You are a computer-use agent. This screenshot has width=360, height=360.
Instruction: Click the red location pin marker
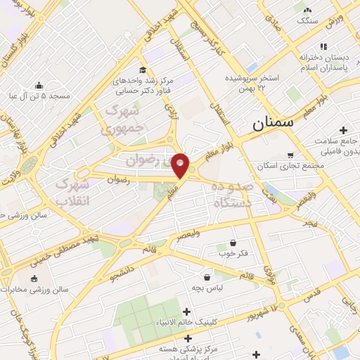click(x=181, y=165)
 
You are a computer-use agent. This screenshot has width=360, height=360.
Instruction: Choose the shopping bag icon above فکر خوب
click(x=233, y=242)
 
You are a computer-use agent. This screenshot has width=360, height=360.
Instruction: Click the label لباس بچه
click(x=206, y=288)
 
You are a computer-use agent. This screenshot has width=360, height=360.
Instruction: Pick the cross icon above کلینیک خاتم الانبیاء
click(x=186, y=311)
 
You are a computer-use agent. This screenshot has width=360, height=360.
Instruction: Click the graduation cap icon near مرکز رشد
click(x=143, y=70)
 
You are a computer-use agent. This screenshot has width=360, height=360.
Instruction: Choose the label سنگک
click(x=307, y=21)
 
